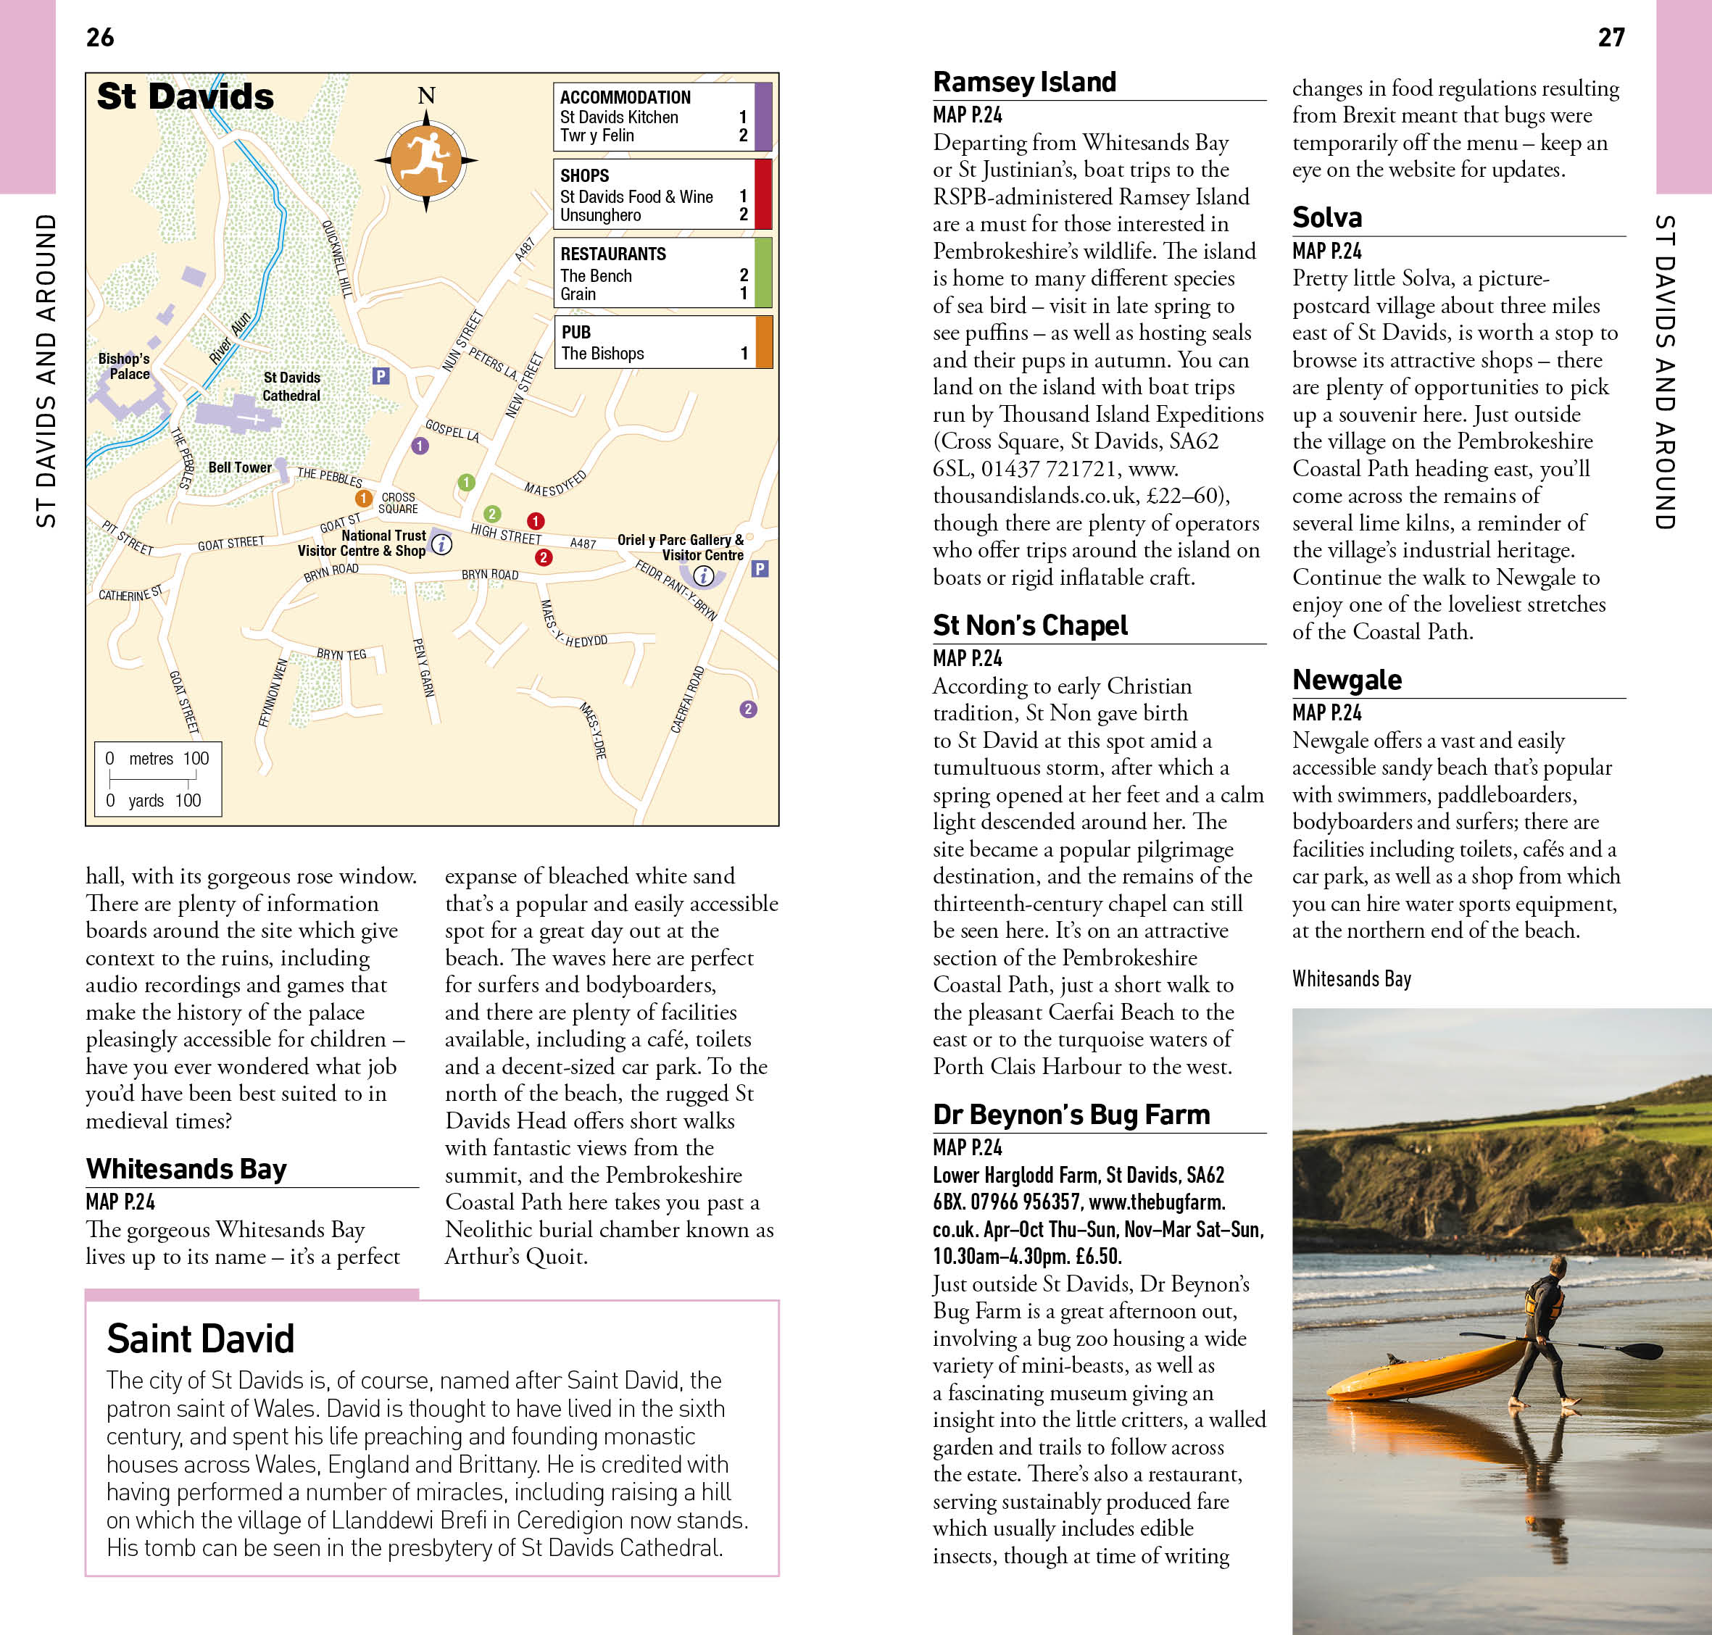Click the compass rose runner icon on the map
[x=425, y=160]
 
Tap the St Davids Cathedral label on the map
[x=291, y=386]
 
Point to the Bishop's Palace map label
[x=124, y=366]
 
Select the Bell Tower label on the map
[x=240, y=467]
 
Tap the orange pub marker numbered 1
[x=364, y=498]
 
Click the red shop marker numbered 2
[x=543, y=557]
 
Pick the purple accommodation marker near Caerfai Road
[x=748, y=709]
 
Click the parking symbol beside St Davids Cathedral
[x=380, y=375]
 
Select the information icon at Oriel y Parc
[x=704, y=575]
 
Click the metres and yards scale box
[x=158, y=778]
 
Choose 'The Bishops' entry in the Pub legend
[x=602, y=353]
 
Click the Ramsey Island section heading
[x=1024, y=82]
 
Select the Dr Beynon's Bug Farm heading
[x=1071, y=1115]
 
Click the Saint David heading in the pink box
[x=201, y=1339]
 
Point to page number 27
[x=1611, y=38]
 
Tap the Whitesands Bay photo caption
[x=1351, y=978]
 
